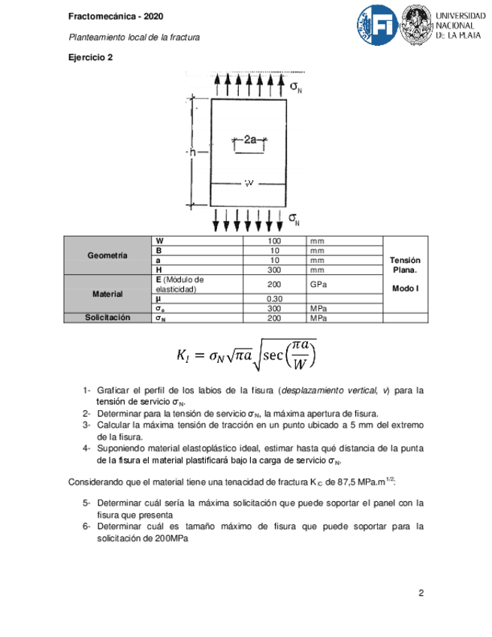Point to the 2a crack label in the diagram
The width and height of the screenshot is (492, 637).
(250, 139)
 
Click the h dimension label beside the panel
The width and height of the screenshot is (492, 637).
(192, 152)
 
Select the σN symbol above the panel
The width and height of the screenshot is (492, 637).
(296, 87)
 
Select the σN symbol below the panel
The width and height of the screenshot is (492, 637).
(295, 218)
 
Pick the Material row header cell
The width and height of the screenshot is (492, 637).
(107, 294)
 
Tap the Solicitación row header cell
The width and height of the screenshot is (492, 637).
(107, 318)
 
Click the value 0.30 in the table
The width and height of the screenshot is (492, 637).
(274, 299)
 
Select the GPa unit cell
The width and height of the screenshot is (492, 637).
(318, 285)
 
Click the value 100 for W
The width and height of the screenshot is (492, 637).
(274, 240)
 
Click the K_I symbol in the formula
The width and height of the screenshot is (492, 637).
(184, 354)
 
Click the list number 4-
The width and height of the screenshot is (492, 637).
(87, 448)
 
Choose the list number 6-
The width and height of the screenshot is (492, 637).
(87, 527)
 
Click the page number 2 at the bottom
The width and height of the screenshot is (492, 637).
(421, 593)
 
